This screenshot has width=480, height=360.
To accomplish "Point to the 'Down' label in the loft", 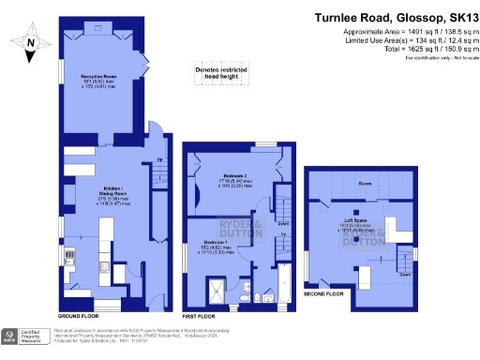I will coord(404,275).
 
